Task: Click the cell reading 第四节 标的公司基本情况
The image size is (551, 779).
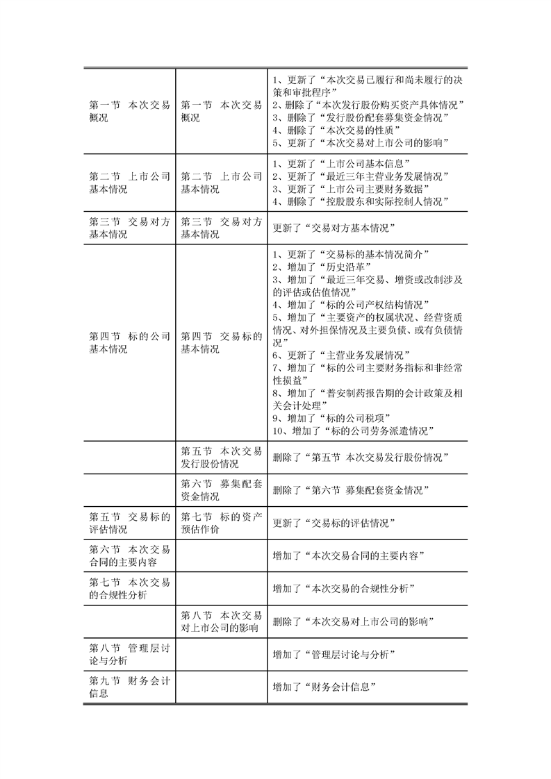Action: point(130,343)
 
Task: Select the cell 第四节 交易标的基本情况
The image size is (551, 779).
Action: point(221,343)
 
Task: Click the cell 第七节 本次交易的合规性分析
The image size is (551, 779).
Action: point(130,588)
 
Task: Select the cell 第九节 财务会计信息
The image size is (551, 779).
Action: point(130,687)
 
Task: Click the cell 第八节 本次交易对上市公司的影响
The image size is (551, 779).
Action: point(221,621)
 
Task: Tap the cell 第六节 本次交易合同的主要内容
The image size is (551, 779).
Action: point(130,555)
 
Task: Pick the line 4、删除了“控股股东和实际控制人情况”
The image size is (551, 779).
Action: point(359,202)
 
